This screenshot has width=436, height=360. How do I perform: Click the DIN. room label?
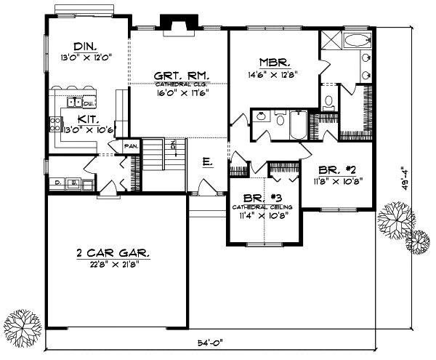click(x=75, y=44)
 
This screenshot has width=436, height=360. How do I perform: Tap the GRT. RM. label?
click(x=182, y=75)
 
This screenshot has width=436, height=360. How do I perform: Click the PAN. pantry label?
click(x=132, y=145)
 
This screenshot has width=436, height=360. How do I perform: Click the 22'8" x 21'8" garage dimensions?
click(x=113, y=265)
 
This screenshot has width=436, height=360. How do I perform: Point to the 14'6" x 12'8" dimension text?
click(x=275, y=73)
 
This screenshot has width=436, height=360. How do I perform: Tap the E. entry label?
click(x=207, y=162)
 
